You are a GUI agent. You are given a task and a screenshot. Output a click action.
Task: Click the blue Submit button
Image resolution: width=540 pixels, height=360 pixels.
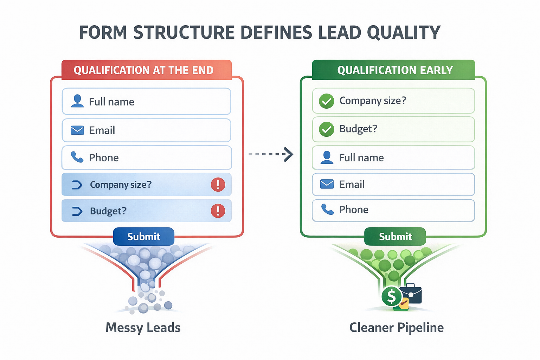pyautogui.click(x=143, y=237)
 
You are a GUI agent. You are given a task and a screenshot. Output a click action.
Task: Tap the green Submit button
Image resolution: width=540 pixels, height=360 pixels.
pyautogui.click(x=395, y=237)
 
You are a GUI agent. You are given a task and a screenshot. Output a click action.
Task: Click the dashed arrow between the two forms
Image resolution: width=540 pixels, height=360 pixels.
pyautogui.click(x=271, y=154)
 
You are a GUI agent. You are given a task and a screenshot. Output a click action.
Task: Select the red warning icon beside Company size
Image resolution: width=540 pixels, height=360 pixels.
pyautogui.click(x=218, y=185)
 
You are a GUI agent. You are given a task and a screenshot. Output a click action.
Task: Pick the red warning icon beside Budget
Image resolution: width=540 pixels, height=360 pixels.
pyautogui.click(x=218, y=211)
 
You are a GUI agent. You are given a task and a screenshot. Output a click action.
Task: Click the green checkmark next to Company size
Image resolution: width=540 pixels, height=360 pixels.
pyautogui.click(x=326, y=101)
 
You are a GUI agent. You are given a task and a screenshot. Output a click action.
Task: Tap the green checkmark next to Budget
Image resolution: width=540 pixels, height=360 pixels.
pyautogui.click(x=326, y=129)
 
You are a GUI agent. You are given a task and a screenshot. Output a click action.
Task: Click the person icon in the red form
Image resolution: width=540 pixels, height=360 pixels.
pyautogui.click(x=77, y=101)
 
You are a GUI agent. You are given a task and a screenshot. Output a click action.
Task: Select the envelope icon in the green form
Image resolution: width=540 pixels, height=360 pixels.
pyautogui.click(x=327, y=184)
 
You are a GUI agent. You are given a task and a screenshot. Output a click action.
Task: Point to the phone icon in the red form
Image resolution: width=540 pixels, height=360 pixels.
pyautogui.click(x=77, y=157)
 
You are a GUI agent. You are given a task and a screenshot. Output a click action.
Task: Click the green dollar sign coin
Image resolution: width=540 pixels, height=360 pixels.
pyautogui.click(x=391, y=296)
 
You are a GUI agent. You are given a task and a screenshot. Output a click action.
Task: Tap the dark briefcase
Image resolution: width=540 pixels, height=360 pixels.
pyautogui.click(x=411, y=294)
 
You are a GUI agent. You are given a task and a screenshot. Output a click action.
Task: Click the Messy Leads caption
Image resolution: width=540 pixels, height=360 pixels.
pyautogui.click(x=143, y=328)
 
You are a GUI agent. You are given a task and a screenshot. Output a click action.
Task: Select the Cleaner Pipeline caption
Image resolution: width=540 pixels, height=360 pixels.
pyautogui.click(x=396, y=328)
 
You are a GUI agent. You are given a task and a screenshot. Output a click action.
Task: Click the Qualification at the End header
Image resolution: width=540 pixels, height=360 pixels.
pyautogui.click(x=144, y=70)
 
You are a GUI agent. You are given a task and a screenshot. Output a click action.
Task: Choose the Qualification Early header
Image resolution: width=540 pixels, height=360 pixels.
pyautogui.click(x=395, y=70)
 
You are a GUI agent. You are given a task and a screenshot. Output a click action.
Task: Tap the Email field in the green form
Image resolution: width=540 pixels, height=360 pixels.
pyautogui.click(x=393, y=184)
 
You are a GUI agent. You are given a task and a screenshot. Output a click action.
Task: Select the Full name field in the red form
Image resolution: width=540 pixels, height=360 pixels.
pyautogui.click(x=146, y=102)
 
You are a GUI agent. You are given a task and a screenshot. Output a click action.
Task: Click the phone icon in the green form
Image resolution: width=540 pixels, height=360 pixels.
pyautogui.click(x=327, y=210)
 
